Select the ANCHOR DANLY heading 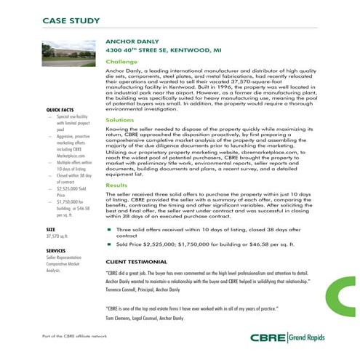[x=132, y=42]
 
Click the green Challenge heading [x=121, y=63]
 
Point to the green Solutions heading [x=120, y=119]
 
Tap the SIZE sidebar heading [x=51, y=230]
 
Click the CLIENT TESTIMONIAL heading [x=140, y=260]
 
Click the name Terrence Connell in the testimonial [x=124, y=289]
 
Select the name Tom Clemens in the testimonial [x=120, y=319]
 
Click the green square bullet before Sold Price [x=108, y=244]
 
